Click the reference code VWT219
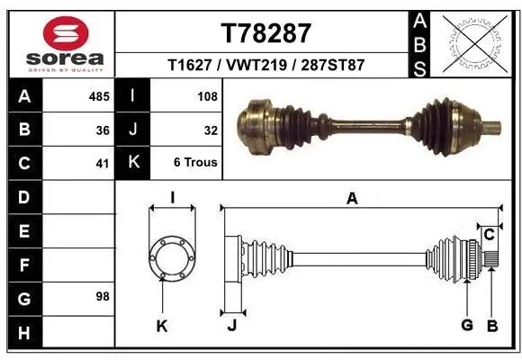[265, 66]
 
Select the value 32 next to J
[211, 130]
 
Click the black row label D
[23, 196]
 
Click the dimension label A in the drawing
[352, 199]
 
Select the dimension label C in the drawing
[489, 235]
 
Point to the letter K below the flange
[162, 326]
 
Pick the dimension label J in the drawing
[231, 326]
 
